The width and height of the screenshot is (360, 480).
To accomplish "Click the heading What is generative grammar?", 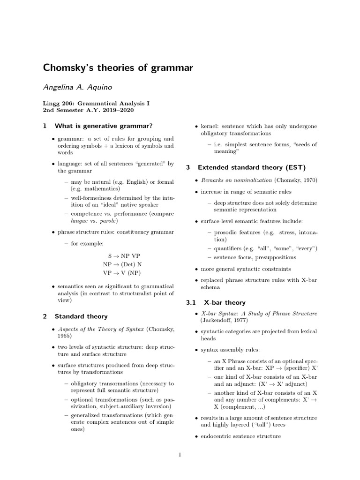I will [104, 126].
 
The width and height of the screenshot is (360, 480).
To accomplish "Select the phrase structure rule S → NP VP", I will [123, 256].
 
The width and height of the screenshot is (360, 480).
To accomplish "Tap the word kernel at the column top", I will [210, 127].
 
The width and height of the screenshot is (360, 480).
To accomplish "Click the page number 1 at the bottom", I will [180, 454].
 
